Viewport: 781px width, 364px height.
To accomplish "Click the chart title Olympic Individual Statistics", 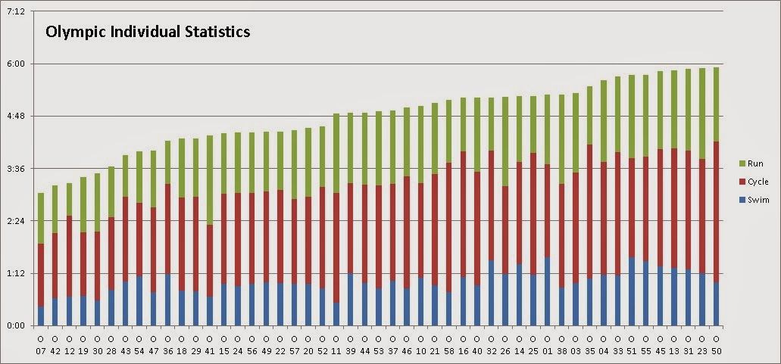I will tap(148, 33).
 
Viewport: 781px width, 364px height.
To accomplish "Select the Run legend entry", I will tap(755, 163).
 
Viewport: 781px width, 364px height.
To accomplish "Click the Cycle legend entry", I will tap(758, 182).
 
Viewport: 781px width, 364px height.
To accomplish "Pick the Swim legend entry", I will tap(758, 200).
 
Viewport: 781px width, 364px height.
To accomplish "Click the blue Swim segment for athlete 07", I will tap(41, 316).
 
